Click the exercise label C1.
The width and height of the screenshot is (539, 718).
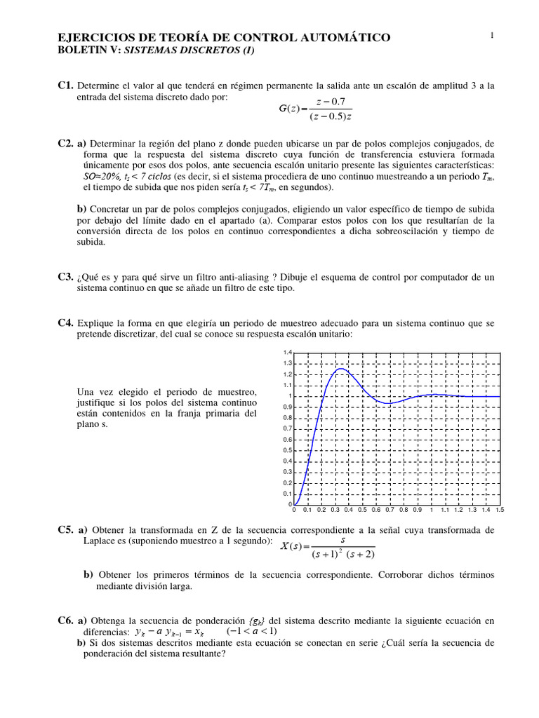coord(66,86)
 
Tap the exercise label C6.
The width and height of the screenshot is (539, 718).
coord(66,621)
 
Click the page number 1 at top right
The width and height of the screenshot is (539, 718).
coord(493,36)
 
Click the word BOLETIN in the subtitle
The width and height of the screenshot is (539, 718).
coord(81,50)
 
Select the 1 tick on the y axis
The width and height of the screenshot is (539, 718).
coord(288,396)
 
